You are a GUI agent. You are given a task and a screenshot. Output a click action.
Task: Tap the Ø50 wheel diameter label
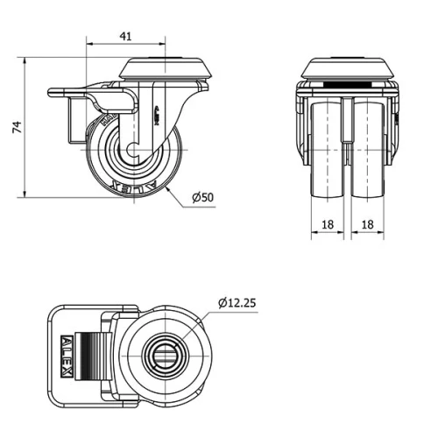pyautogui.click(x=202, y=197)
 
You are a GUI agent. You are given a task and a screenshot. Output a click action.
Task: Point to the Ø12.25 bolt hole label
pyautogui.click(x=237, y=303)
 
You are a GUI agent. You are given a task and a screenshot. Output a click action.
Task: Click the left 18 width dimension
pyautogui.click(x=328, y=224)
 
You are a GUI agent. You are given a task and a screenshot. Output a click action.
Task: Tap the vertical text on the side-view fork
pyautogui.click(x=155, y=115)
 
